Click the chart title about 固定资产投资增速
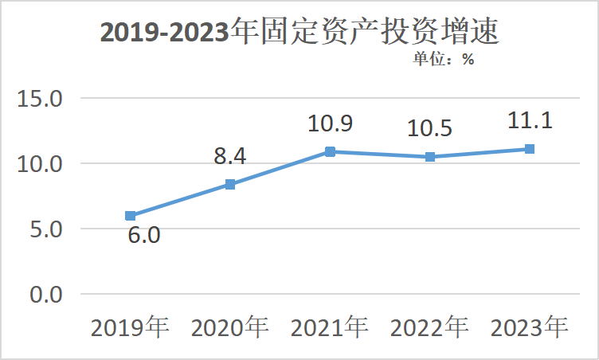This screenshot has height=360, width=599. (x=299, y=32)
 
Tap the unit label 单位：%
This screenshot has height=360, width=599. (x=443, y=59)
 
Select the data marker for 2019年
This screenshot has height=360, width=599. (x=131, y=216)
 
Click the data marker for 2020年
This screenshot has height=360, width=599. (x=230, y=185)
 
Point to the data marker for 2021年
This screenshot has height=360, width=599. (x=330, y=151)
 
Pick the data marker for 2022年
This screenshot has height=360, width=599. (x=430, y=157)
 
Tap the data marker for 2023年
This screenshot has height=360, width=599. (x=530, y=149)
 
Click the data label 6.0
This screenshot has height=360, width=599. (x=144, y=237)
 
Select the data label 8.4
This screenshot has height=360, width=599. (x=230, y=157)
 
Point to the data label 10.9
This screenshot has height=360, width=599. (x=331, y=124)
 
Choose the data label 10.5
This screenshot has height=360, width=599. (x=430, y=129)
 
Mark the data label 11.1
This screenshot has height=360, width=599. (x=530, y=121)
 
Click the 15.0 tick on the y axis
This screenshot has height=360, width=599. (x=40, y=99)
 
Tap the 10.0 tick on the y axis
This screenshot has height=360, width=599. (x=40, y=164)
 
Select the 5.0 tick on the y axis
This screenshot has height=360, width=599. (x=40, y=229)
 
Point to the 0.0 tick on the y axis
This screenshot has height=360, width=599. (x=40, y=295)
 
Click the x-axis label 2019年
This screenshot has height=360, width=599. (x=131, y=327)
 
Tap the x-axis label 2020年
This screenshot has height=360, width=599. (x=230, y=327)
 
